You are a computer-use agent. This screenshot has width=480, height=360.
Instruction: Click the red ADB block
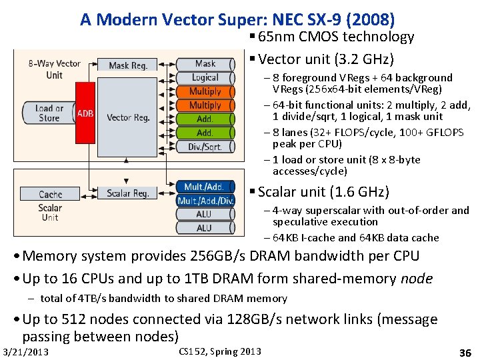tap(85, 113)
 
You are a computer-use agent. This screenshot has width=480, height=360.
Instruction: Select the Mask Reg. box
tap(128, 65)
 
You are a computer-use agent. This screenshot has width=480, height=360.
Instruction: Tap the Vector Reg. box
tap(128, 117)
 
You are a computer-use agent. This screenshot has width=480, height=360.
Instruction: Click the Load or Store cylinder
tap(49, 113)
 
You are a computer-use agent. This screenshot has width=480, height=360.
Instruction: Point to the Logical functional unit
tap(205, 78)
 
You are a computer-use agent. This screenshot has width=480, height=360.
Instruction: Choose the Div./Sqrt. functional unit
tap(205, 147)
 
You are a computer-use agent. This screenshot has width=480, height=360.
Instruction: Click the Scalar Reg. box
tap(128, 193)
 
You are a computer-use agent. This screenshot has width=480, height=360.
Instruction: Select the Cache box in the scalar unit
tap(50, 194)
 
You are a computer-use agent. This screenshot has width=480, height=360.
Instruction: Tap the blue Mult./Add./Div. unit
tap(205, 201)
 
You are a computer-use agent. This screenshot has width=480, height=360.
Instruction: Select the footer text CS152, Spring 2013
tap(220, 351)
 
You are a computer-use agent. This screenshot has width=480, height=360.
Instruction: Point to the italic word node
tap(417, 279)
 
